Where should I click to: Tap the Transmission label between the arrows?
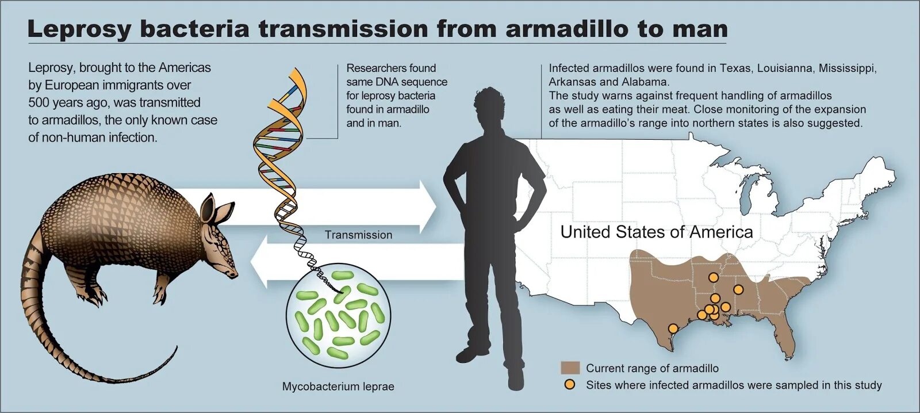[358, 235]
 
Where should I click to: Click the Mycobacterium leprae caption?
[338, 387]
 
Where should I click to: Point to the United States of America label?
[657, 232]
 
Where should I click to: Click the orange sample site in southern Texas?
[673, 328]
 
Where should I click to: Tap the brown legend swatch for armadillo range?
[570, 368]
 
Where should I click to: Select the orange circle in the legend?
[569, 385]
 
